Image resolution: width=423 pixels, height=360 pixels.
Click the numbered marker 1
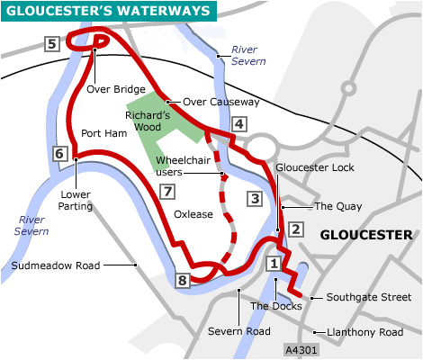click(274, 264)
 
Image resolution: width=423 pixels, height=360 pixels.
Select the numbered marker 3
click(255, 199)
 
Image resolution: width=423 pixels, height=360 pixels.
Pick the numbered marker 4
click(238, 124)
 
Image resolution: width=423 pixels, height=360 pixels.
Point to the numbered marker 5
click(53, 44)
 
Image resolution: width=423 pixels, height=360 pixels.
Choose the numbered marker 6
click(60, 154)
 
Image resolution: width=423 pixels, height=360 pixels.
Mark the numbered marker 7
click(165, 191)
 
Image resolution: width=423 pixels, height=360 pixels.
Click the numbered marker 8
click(184, 282)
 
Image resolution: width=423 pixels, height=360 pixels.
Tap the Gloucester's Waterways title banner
click(107, 12)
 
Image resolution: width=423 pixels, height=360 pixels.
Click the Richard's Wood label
click(147, 121)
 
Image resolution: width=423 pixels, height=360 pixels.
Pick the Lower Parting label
click(76, 199)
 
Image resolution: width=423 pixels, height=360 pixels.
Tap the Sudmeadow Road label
click(53, 265)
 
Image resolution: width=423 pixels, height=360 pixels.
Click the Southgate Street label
click(369, 297)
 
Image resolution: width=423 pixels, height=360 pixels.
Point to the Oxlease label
click(194, 214)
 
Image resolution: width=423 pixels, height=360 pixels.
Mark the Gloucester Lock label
click(315, 167)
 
